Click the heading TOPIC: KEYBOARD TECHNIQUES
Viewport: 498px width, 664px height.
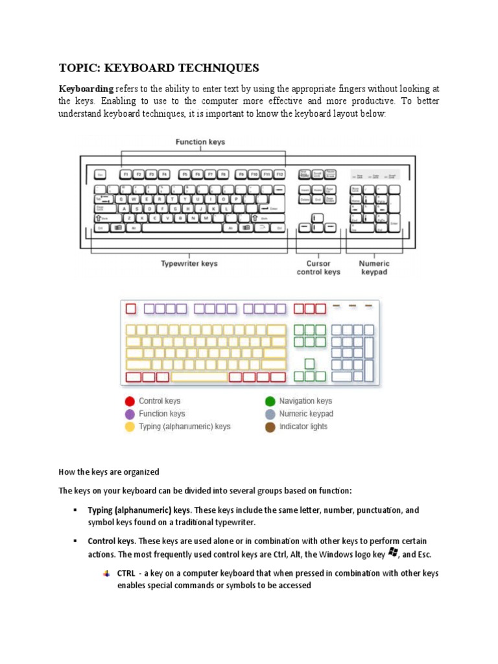coord(159,68)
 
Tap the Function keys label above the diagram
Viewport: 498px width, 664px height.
coord(200,142)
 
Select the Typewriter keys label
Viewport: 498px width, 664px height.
coord(189,264)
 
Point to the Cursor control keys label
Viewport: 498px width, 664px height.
coord(318,268)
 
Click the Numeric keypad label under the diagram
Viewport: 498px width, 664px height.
coord(374,268)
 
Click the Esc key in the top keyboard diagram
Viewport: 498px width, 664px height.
coord(101,174)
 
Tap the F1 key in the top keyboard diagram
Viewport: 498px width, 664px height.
coord(124,174)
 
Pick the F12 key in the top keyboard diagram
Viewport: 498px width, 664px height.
coord(279,174)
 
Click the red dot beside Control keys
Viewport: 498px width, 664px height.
coord(130,401)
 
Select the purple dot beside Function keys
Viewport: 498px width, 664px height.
coord(130,414)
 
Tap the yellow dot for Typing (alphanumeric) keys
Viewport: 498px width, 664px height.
coord(130,427)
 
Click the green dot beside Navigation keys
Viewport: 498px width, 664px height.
coord(270,401)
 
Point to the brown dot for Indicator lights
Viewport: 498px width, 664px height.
coord(270,427)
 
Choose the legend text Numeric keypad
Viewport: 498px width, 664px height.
coord(306,414)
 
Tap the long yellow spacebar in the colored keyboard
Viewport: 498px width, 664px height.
coord(198,377)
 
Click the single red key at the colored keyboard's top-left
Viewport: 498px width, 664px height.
coord(131,309)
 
